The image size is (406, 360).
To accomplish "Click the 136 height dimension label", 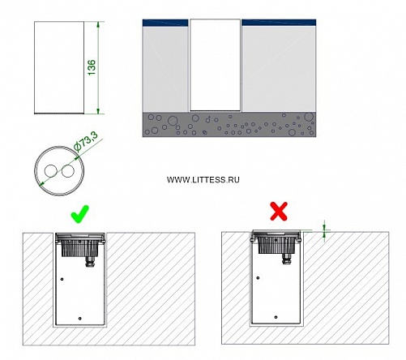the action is click(92, 67).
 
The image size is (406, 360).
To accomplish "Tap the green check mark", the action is click(80, 214).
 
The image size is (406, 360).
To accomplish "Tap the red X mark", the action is click(279, 211).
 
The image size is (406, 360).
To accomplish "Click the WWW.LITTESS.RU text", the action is click(203, 180).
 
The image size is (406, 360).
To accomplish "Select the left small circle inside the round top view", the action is click(51, 171).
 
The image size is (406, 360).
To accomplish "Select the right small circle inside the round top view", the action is click(68, 171).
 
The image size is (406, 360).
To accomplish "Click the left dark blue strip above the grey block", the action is click(165, 23).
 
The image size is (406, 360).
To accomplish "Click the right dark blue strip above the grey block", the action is click(279, 23).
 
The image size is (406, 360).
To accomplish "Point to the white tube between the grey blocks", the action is click(215, 65).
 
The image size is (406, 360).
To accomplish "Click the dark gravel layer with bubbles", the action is click(229, 125).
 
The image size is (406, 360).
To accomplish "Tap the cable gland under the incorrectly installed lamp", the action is click(286, 259).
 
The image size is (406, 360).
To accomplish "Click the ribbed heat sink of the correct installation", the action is click(79, 248).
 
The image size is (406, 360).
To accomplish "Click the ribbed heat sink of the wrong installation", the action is click(276, 246).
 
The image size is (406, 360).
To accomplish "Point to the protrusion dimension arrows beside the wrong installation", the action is click(325, 231).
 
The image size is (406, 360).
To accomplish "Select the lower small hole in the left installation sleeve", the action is click(80, 319).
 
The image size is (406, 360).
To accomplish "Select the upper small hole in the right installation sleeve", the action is click(258, 278).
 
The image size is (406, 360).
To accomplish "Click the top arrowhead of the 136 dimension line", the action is click(98, 24).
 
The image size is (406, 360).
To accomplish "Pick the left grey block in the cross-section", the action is click(165, 69).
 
